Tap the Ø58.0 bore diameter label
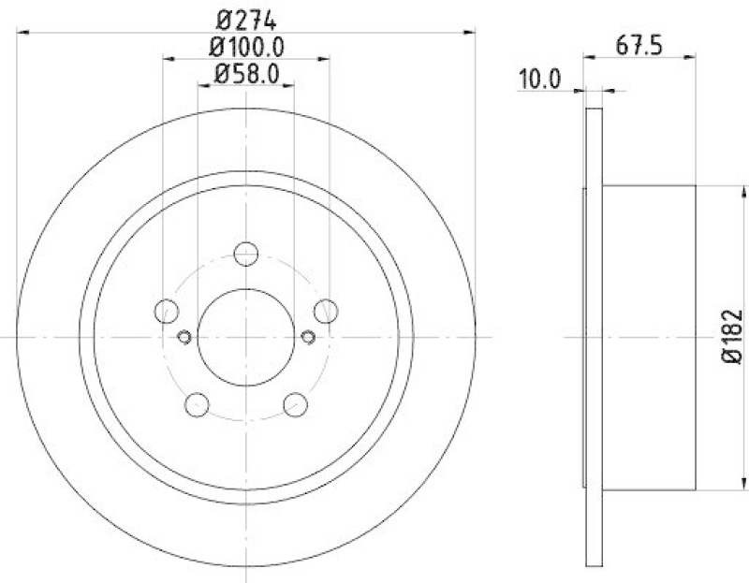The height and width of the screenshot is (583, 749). (247, 73)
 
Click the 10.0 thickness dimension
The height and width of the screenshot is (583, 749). (539, 80)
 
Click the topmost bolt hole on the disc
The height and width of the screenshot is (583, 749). (246, 253)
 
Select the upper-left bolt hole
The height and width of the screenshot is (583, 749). (167, 310)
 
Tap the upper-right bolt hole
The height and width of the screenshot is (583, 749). (326, 310)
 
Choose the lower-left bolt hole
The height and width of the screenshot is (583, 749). (198, 403)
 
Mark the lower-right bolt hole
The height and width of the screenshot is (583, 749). (296, 403)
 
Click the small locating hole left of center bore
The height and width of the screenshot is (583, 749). (184, 337)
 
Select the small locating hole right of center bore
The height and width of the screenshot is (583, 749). (309, 337)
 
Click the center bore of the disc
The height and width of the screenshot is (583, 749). (246, 337)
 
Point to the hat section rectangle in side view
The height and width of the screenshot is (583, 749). (648, 337)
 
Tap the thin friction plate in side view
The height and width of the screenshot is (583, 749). (593, 337)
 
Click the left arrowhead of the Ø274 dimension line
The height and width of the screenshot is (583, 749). (23, 33)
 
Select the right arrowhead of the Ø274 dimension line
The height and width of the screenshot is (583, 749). (471, 33)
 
